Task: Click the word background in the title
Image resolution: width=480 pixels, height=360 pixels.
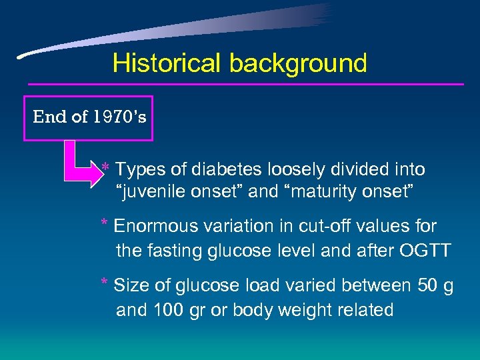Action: coord(298,64)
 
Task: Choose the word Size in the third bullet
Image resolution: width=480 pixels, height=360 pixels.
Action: coord(129,285)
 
